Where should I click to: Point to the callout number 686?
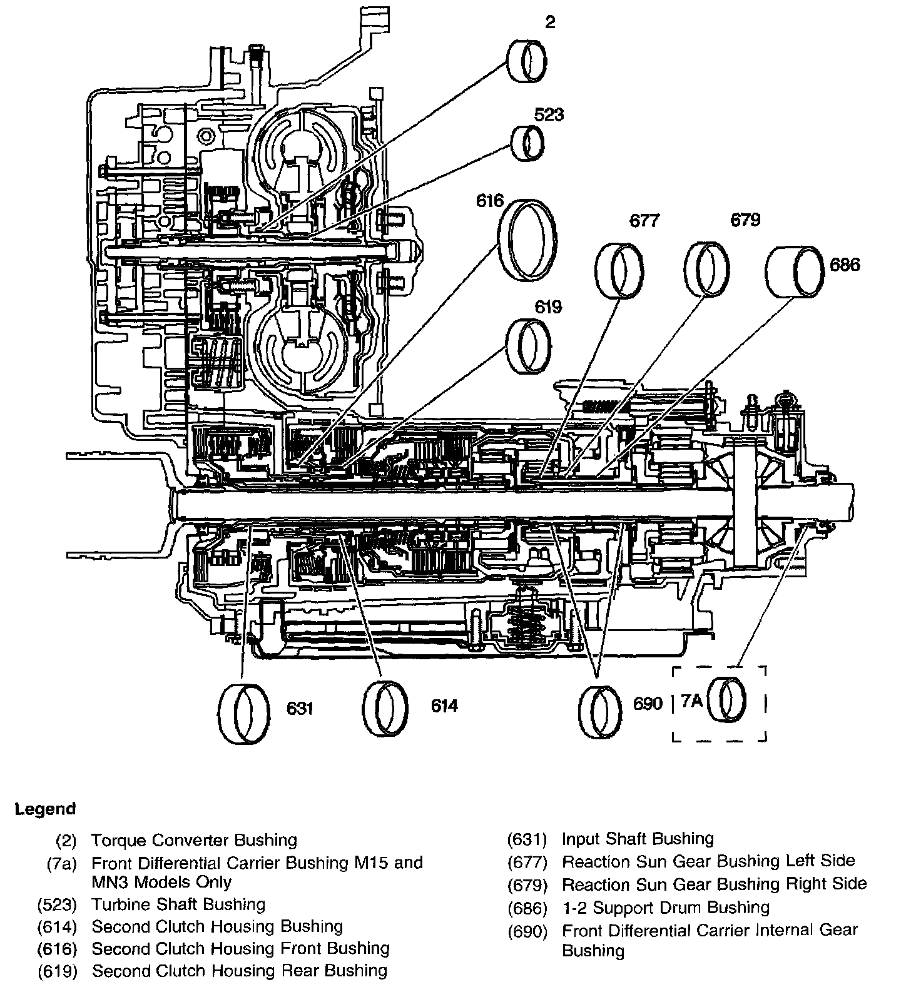pos(845,265)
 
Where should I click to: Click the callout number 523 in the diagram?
pos(549,114)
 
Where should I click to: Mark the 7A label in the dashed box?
pos(692,701)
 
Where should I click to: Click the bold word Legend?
pos(46,809)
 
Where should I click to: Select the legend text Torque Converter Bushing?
pos(195,840)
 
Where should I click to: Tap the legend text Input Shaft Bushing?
pos(638,839)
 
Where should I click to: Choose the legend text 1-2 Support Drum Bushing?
pos(666,908)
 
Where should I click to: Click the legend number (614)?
pos(57,927)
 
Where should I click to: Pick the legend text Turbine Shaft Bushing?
pos(179,904)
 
